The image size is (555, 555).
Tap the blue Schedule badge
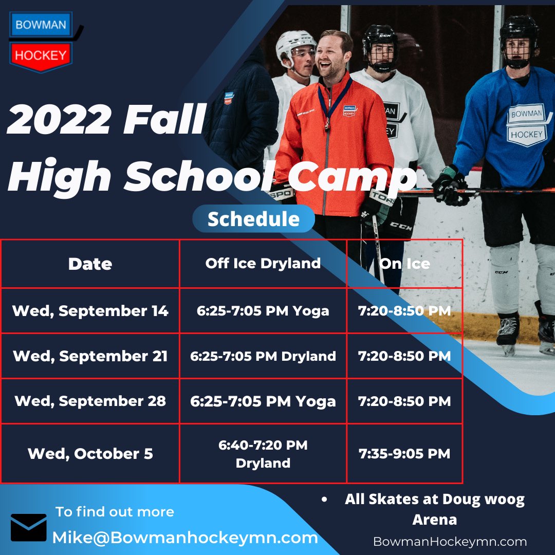(253, 219)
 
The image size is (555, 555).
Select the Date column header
(90, 264)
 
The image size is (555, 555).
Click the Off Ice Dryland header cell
(263, 263)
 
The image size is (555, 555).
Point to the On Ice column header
(404, 264)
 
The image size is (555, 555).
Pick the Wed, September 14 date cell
(90, 311)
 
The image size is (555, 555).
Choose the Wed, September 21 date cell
(90, 356)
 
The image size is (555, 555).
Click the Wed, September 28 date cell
(90, 401)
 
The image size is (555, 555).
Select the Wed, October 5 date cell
(90, 454)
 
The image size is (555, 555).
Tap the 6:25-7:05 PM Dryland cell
(263, 356)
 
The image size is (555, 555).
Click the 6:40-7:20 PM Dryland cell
(263, 454)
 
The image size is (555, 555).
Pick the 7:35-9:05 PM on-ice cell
(404, 454)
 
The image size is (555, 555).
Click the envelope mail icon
(29, 528)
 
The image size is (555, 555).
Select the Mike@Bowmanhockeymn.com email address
(185, 538)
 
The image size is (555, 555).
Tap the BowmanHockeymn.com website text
(450, 541)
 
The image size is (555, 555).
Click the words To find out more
(115, 512)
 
